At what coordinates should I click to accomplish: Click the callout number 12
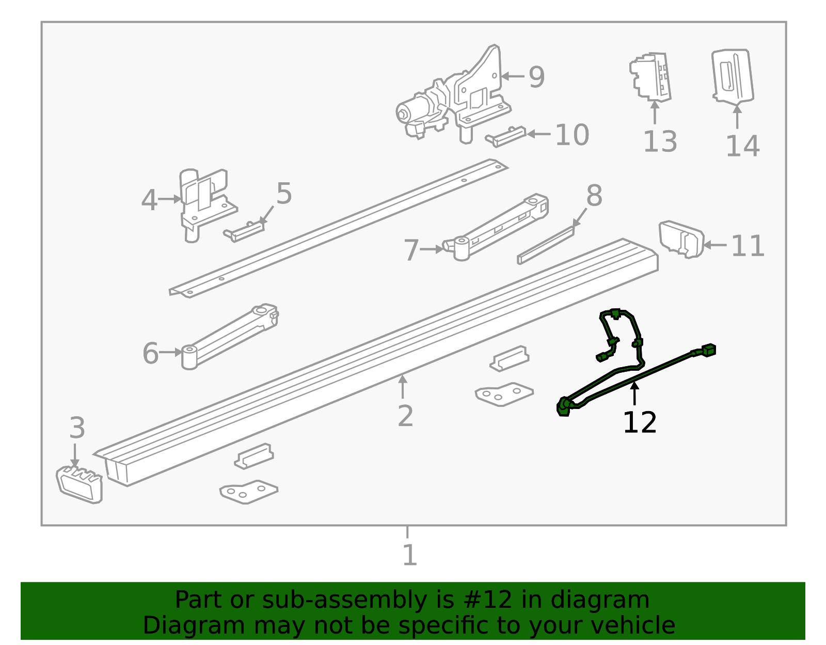(x=640, y=422)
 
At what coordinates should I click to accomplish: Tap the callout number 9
(x=536, y=77)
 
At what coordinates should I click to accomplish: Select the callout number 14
(x=742, y=146)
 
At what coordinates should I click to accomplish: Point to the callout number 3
(x=77, y=428)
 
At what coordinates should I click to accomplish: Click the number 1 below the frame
(x=409, y=555)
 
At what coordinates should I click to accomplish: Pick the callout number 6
(x=150, y=354)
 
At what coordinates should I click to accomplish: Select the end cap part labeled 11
(x=681, y=239)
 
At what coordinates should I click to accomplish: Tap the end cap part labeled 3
(x=80, y=484)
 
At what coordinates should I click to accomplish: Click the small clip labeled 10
(x=505, y=136)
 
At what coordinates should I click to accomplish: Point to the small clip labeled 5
(x=244, y=232)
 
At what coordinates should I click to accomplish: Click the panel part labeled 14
(x=733, y=76)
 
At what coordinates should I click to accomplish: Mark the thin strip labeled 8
(x=545, y=246)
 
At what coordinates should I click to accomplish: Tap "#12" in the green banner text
(x=488, y=600)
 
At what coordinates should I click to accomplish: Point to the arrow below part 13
(x=655, y=113)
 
